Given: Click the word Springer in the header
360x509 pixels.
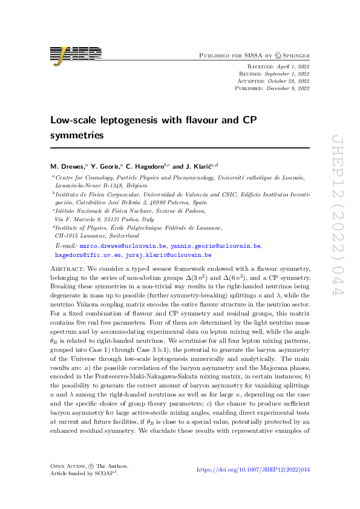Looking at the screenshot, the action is [x=293, y=55].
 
